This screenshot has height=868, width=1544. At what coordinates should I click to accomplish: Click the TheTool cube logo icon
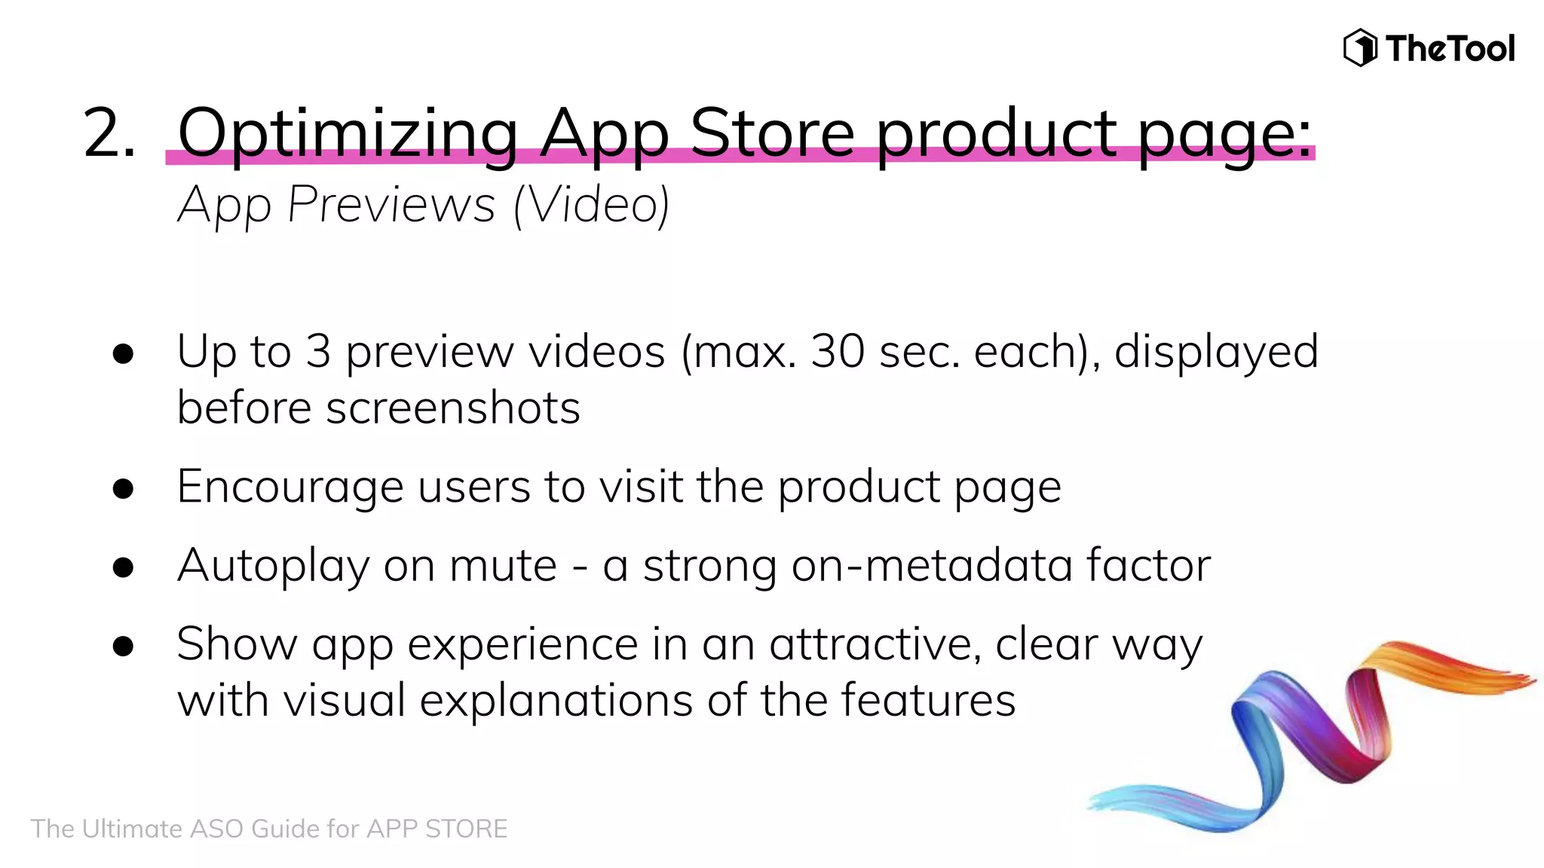(x=1360, y=48)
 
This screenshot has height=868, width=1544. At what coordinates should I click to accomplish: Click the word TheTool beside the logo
(x=1450, y=49)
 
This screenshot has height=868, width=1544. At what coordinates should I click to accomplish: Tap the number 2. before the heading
(x=109, y=133)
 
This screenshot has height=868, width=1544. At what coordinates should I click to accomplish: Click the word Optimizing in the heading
(x=348, y=133)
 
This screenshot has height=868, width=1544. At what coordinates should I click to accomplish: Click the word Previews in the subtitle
(x=391, y=204)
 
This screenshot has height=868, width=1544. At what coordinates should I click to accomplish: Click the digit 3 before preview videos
(x=318, y=351)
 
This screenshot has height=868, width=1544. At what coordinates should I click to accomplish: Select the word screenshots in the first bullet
(x=453, y=408)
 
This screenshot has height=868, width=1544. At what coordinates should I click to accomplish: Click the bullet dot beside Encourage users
(x=123, y=489)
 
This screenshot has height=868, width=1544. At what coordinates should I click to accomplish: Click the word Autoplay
(x=273, y=567)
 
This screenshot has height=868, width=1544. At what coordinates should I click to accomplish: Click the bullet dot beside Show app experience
(x=123, y=646)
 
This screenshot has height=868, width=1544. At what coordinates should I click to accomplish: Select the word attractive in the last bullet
(x=875, y=645)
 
